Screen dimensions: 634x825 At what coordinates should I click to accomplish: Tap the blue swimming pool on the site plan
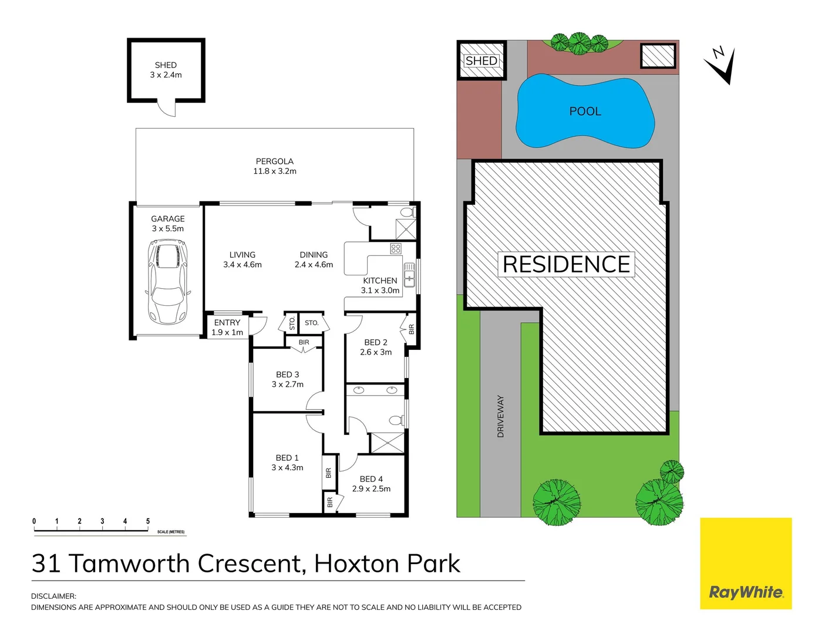click(585, 112)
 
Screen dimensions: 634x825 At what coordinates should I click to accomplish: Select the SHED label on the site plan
click(481, 60)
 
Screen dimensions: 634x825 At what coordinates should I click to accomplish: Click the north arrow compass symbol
click(721, 65)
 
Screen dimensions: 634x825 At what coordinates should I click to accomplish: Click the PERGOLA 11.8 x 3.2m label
click(274, 166)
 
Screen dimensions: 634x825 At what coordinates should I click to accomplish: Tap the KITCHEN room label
click(380, 281)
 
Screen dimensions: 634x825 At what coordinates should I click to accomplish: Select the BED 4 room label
click(371, 479)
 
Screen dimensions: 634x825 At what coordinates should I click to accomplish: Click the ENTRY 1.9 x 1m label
click(227, 328)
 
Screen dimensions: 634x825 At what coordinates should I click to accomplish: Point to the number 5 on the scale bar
click(148, 521)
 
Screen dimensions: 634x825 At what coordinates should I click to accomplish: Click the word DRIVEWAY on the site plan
click(501, 416)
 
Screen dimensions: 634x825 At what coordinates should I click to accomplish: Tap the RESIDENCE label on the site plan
click(567, 265)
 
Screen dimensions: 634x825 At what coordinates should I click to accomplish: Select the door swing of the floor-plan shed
click(167, 109)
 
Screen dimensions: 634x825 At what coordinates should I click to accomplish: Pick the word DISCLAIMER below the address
click(53, 596)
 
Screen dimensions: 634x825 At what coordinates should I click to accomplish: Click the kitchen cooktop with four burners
click(396, 249)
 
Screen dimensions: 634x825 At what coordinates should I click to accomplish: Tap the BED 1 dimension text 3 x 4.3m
click(287, 468)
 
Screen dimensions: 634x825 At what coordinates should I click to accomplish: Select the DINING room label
click(314, 255)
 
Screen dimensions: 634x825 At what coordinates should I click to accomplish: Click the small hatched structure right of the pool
click(658, 56)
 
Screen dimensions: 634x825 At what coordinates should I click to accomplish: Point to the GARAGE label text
click(168, 219)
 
